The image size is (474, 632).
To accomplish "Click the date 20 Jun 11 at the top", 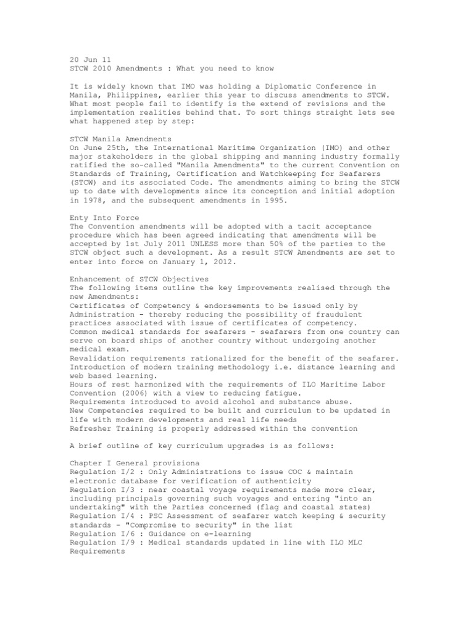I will [89, 59].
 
